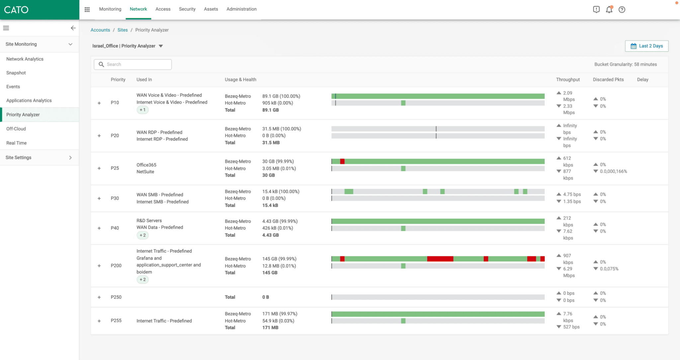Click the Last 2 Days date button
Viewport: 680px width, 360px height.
(x=646, y=46)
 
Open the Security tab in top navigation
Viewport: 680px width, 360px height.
(x=187, y=9)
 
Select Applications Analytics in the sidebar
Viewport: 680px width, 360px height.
(x=29, y=100)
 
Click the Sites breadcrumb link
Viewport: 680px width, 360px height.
(x=123, y=30)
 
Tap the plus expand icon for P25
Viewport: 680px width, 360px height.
(x=99, y=168)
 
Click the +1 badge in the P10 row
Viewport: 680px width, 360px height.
(x=142, y=110)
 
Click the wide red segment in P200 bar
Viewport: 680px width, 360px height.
(x=440, y=259)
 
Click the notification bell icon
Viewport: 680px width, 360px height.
(x=609, y=10)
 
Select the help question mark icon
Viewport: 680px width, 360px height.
(x=622, y=10)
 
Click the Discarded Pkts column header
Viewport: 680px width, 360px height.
(x=608, y=79)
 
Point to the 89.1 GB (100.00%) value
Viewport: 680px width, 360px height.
(x=281, y=96)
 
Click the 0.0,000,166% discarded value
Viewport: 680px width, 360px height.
(x=613, y=171)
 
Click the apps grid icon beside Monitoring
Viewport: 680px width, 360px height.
(x=87, y=9)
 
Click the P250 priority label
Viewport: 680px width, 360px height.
(x=116, y=297)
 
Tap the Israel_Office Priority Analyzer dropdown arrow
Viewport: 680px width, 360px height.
(x=161, y=46)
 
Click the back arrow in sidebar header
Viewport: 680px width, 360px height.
(x=73, y=28)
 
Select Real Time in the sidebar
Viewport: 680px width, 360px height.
(x=17, y=143)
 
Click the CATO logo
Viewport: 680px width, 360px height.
(x=16, y=10)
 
